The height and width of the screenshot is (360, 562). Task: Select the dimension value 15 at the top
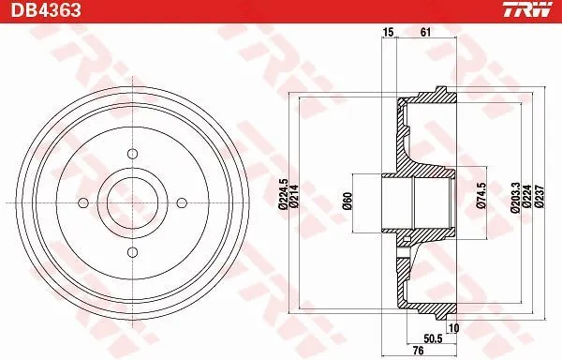387,33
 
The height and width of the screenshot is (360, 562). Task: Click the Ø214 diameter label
294,199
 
